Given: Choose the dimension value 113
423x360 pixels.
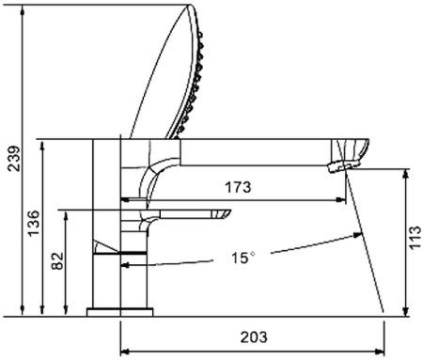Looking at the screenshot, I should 415,239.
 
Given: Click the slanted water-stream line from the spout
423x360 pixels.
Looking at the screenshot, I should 367,244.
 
